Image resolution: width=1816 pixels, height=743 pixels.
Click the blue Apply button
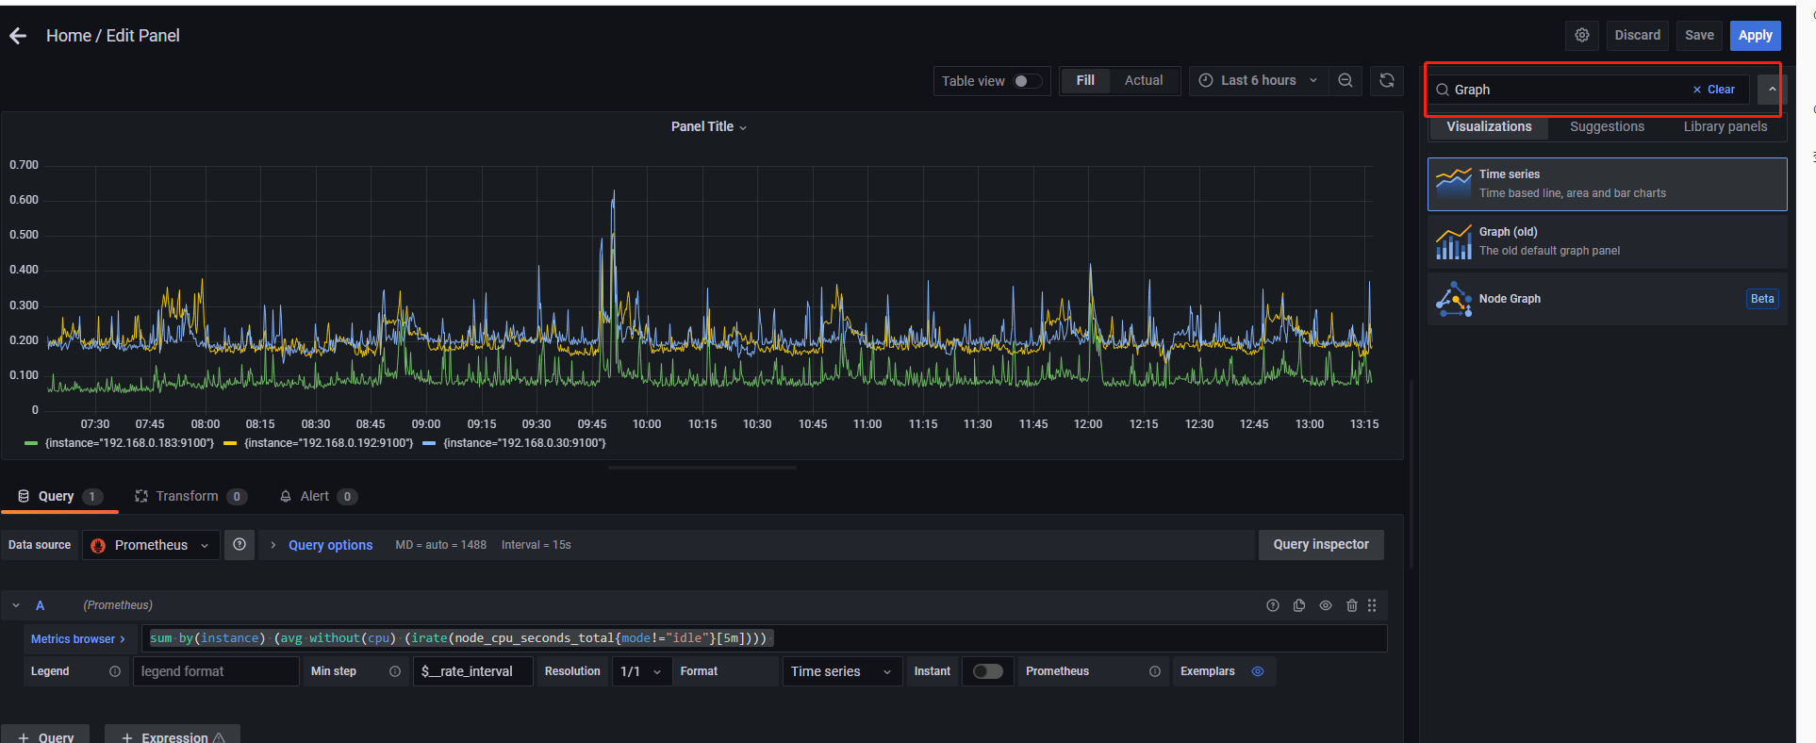pyautogui.click(x=1755, y=35)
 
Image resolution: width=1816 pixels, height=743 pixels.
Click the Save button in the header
pyautogui.click(x=1699, y=35)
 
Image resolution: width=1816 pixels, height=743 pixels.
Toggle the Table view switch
pyautogui.click(x=1027, y=81)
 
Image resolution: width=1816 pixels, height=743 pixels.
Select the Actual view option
pyautogui.click(x=1143, y=81)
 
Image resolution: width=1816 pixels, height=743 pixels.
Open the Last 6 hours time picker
pyautogui.click(x=1258, y=81)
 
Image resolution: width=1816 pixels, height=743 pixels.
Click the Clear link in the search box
pyautogui.click(x=1714, y=90)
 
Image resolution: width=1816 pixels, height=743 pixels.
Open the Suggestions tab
pyautogui.click(x=1607, y=126)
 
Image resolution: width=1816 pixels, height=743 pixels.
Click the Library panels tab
pyautogui.click(x=1725, y=126)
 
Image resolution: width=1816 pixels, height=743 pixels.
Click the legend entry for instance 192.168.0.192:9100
pyautogui.click(x=327, y=443)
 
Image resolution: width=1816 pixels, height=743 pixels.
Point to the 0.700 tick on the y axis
pyautogui.click(x=25, y=165)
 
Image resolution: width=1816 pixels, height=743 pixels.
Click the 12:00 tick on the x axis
pyautogui.click(x=1087, y=424)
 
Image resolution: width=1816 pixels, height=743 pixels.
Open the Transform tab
pyautogui.click(x=187, y=497)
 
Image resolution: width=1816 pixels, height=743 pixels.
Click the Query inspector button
pyautogui.click(x=1320, y=545)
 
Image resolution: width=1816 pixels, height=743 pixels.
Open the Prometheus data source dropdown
pyautogui.click(x=151, y=545)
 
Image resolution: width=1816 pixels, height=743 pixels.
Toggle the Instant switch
pyautogui.click(x=987, y=671)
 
